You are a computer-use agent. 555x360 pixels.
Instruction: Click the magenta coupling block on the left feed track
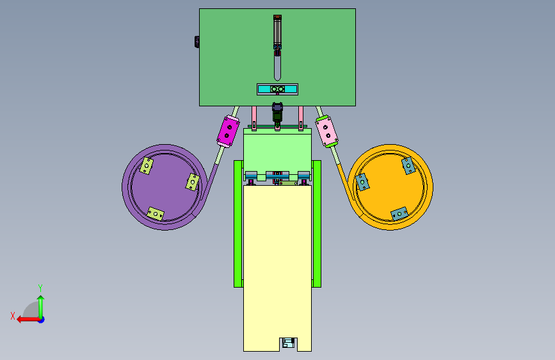click(x=228, y=131)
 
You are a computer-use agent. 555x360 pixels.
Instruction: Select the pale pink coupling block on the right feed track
click(x=326, y=131)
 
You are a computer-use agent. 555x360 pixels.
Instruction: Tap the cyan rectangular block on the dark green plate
click(x=278, y=89)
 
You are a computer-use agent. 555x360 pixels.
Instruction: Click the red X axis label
click(x=13, y=316)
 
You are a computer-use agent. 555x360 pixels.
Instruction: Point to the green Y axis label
click(x=40, y=288)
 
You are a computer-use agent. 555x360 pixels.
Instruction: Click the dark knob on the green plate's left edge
click(x=197, y=42)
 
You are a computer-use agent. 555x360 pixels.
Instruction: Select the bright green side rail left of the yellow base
click(x=238, y=224)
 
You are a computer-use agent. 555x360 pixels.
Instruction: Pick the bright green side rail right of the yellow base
click(x=317, y=224)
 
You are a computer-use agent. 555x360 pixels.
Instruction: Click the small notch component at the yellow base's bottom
click(x=288, y=343)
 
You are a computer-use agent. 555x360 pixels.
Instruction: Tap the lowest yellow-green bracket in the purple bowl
click(x=156, y=214)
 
